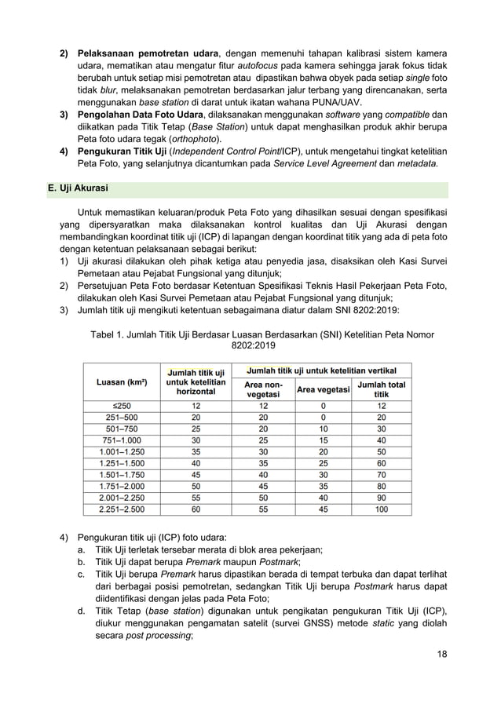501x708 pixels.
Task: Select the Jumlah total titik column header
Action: (x=381, y=389)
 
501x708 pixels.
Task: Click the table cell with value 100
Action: (x=381, y=509)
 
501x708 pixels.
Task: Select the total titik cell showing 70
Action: (x=381, y=476)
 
